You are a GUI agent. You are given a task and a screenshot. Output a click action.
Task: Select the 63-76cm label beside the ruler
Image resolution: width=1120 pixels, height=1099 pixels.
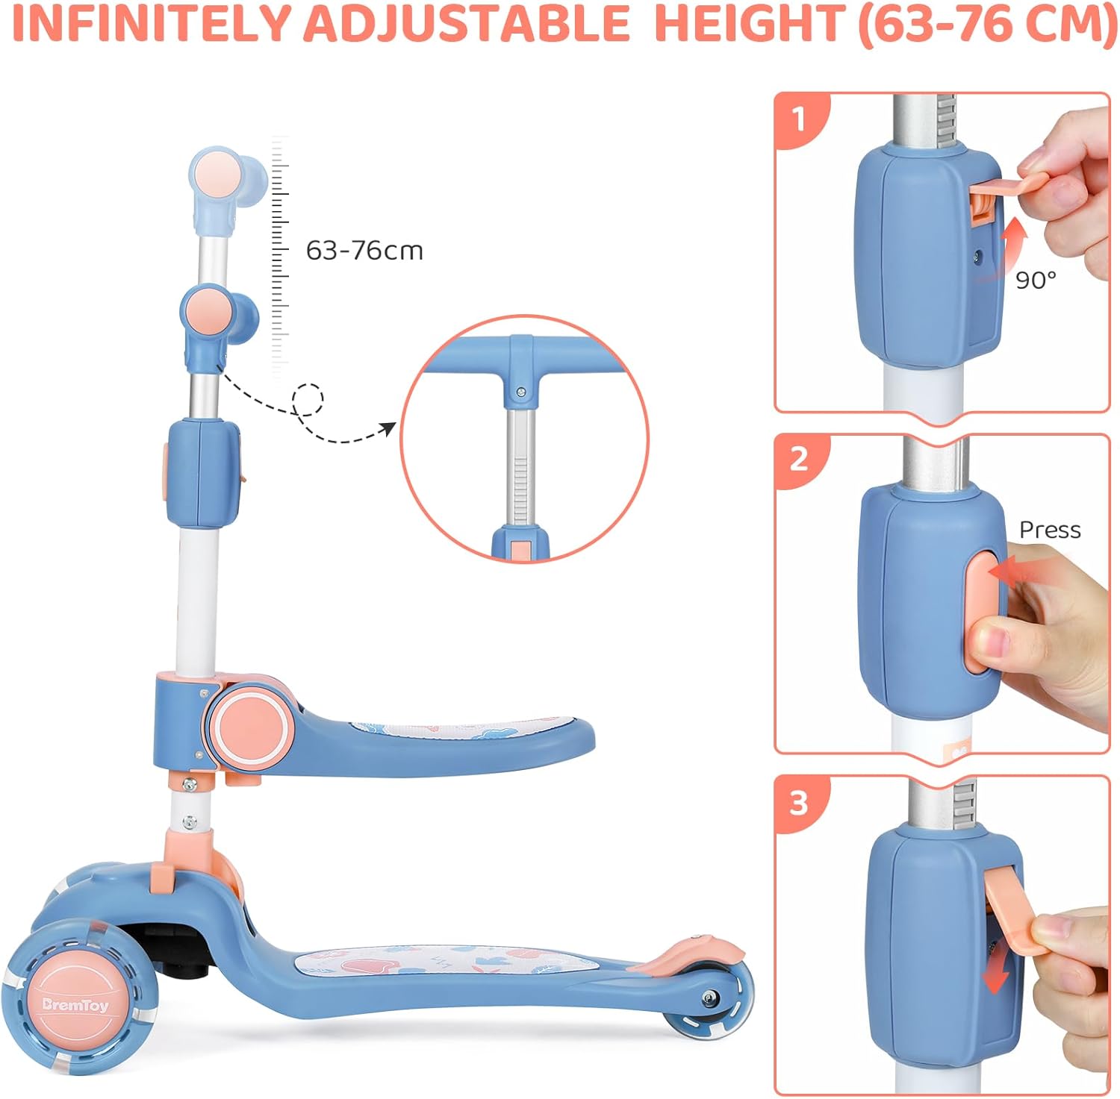click(364, 251)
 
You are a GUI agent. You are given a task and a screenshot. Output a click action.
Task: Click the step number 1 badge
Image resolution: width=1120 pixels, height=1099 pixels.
click(800, 119)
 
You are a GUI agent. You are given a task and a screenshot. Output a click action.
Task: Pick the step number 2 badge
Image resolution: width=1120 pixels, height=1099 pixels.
click(799, 459)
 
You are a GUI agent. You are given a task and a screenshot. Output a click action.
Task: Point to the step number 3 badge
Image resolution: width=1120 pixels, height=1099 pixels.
click(799, 803)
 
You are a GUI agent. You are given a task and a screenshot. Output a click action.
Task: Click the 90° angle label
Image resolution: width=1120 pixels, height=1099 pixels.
click(1036, 280)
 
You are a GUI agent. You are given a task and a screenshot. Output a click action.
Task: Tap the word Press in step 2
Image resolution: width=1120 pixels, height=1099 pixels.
click(1050, 530)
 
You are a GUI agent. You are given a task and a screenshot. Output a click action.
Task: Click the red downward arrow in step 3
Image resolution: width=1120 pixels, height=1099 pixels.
click(997, 972)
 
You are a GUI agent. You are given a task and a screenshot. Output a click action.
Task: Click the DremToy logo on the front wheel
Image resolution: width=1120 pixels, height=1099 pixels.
click(75, 1005)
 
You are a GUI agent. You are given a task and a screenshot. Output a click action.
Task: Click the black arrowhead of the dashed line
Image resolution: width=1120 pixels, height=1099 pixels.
click(388, 429)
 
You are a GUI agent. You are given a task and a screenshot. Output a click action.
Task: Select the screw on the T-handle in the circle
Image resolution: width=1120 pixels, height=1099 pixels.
click(521, 392)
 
